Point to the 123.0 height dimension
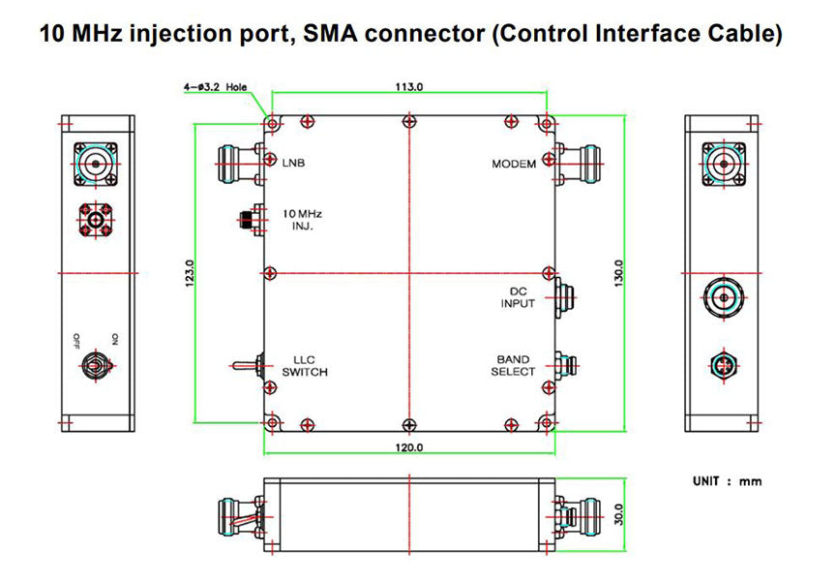[191, 273]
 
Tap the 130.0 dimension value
[618, 273]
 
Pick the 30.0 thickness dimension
[618, 513]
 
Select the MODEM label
[513, 164]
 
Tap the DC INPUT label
[518, 297]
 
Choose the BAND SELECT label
[513, 365]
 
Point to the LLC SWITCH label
[304, 365]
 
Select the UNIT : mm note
[727, 481]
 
